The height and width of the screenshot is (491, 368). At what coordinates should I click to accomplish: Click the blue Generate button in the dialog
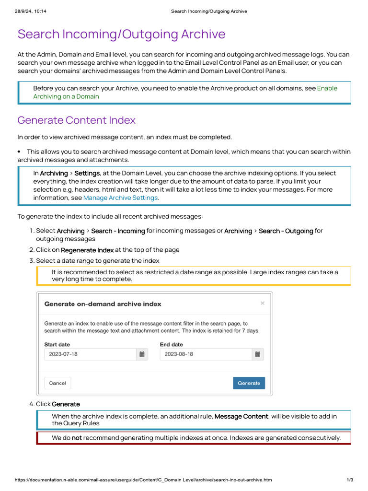click(249, 383)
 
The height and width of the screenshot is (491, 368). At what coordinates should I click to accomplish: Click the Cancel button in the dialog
click(57, 383)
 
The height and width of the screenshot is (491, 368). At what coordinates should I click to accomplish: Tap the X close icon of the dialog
click(262, 303)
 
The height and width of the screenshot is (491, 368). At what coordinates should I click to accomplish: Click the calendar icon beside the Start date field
click(142, 354)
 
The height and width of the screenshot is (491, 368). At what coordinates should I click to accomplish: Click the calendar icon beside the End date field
click(257, 354)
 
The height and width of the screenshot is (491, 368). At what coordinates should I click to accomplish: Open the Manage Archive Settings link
click(120, 198)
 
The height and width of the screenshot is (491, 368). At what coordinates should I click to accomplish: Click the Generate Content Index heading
click(76, 120)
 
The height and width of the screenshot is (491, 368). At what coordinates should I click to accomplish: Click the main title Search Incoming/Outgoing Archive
click(121, 34)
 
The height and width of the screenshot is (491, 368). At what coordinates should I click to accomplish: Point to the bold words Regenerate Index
click(87, 250)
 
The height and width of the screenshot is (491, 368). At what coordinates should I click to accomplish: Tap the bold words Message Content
click(241, 416)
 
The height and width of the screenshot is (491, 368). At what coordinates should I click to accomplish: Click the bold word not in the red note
click(77, 438)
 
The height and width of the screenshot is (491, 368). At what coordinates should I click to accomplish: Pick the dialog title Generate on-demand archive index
click(103, 304)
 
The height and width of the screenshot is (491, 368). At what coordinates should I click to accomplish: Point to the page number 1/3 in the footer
click(350, 480)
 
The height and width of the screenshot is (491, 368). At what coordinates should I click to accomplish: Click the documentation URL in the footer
click(143, 480)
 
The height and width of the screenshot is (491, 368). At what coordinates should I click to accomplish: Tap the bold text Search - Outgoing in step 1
click(286, 231)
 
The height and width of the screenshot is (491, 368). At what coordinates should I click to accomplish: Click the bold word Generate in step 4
click(66, 404)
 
